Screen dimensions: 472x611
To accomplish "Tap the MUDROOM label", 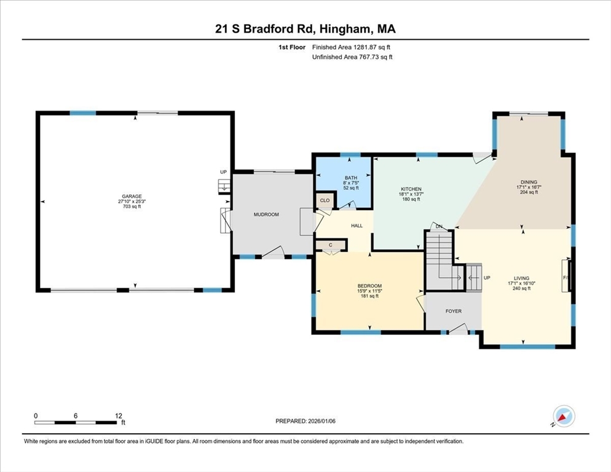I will click(x=266, y=214).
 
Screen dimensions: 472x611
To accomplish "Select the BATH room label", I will click(x=350, y=178).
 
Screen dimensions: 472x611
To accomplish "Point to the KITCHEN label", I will click(x=411, y=189).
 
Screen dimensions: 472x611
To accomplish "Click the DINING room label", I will click(x=529, y=182).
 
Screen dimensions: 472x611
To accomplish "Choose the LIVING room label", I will click(x=521, y=278).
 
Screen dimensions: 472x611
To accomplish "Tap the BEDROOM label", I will click(x=369, y=286).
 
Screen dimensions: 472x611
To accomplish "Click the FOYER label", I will click(x=453, y=311).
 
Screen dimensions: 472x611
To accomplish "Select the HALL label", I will click(x=357, y=226).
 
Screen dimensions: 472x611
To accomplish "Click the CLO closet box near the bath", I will click(x=325, y=200).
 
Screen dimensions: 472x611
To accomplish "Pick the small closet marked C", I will click(x=330, y=245).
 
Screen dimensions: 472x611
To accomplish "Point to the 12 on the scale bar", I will click(x=119, y=415).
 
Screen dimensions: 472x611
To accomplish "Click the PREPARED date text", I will click(x=305, y=421).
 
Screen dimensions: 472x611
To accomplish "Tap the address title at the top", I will click(x=305, y=29).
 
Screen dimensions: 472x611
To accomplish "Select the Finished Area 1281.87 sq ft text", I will click(x=352, y=47).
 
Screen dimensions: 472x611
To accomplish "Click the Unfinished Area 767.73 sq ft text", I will click(x=352, y=57).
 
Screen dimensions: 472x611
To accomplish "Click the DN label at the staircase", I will click(x=439, y=227).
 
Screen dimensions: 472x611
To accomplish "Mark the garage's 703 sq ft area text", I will click(x=130, y=206).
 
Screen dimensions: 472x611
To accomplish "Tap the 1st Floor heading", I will click(x=291, y=47).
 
